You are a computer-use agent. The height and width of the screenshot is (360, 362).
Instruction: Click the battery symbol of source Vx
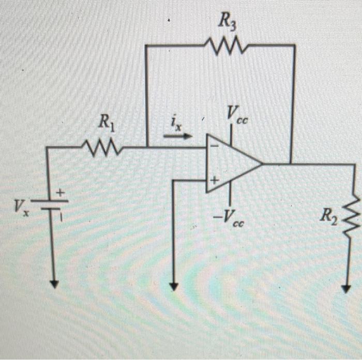52,205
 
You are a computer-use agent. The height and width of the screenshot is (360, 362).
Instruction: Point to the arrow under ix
177,137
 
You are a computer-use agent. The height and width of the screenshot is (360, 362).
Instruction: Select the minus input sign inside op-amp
213,146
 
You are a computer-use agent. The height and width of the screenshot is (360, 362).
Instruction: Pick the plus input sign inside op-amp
213,180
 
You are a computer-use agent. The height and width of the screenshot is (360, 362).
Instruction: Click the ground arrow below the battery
54,283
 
